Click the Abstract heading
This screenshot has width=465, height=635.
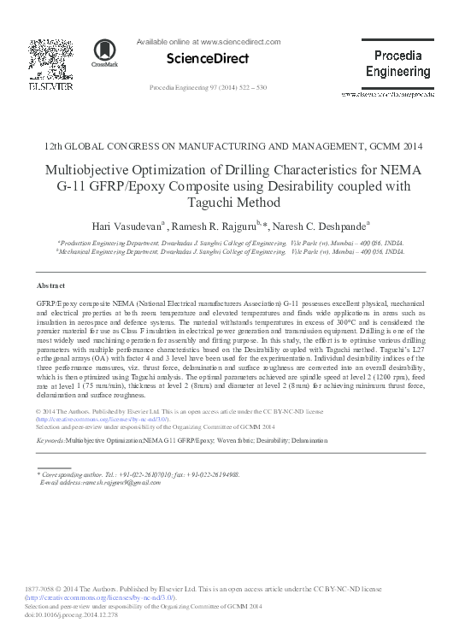50,285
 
